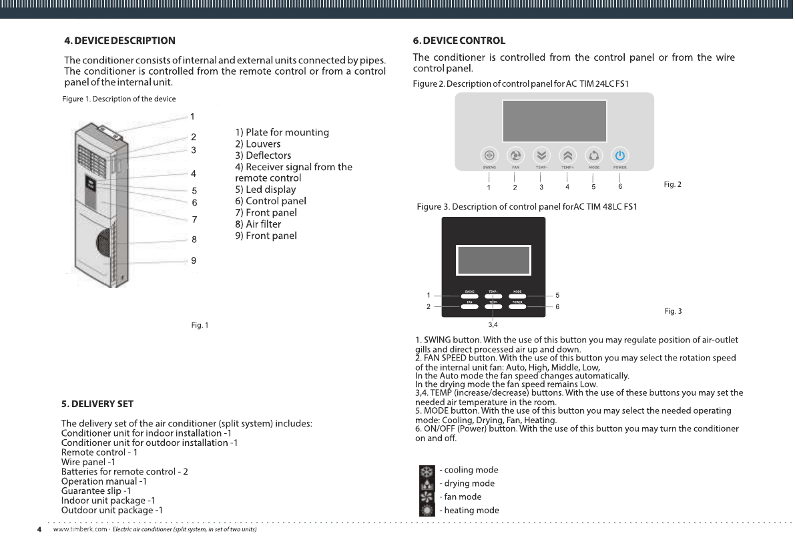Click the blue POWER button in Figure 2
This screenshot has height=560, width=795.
619,154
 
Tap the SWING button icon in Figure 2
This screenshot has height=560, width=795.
489,154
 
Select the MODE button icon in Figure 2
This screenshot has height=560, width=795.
593,154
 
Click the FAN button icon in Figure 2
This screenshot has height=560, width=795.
515,154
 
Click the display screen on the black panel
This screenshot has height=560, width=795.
493,260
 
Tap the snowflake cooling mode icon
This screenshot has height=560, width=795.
427,471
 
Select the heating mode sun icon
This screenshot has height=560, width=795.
427,511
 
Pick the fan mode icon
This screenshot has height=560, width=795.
427,497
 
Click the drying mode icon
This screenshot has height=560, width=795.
427,484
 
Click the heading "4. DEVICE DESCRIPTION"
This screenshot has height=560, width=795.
119,41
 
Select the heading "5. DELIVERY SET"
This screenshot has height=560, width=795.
97,404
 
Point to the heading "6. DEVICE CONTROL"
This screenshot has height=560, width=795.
459,41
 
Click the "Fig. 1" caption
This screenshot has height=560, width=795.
200,325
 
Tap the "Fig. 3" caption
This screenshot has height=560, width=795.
673,311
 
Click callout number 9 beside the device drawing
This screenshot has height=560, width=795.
194,261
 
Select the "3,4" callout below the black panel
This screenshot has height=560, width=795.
493,324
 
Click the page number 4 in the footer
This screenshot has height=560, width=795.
39,529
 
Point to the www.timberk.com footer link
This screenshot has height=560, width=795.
80,529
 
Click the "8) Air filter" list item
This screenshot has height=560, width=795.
258,224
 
